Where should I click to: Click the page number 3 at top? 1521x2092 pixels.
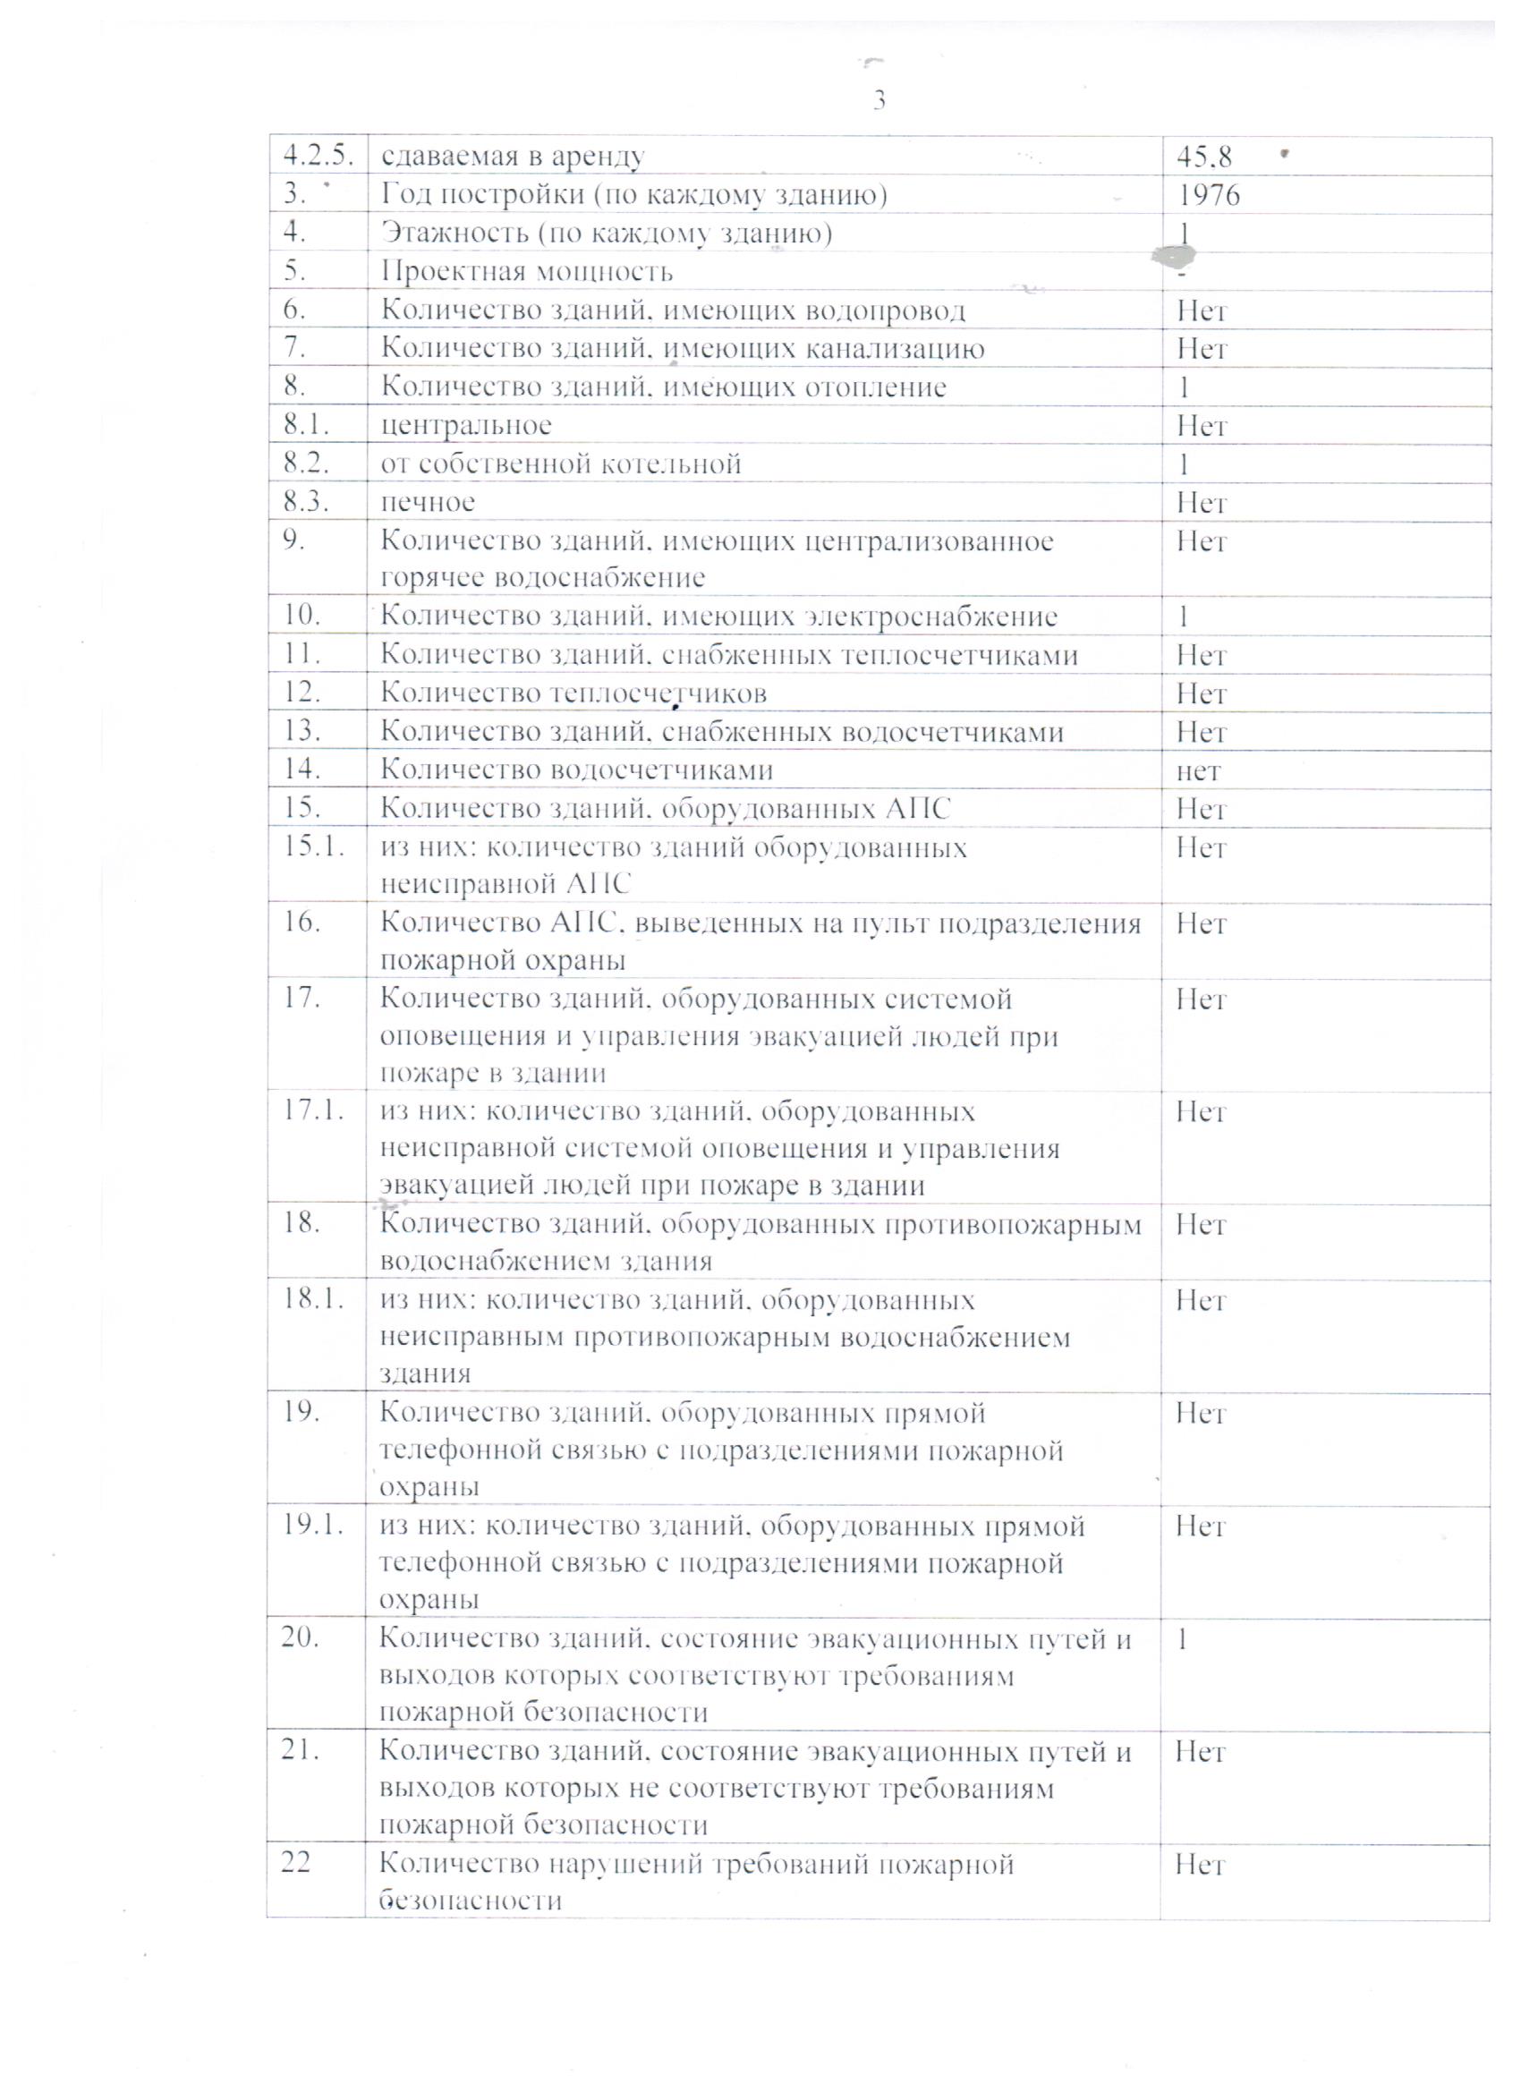(879, 99)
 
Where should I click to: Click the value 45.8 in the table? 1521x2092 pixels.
(1203, 157)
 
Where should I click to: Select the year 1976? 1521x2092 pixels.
(1209, 196)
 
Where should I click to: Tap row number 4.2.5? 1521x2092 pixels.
(318, 156)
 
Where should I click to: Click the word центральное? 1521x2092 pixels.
(466, 425)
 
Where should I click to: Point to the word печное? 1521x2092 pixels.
(428, 502)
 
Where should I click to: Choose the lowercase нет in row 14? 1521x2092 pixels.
(1198, 770)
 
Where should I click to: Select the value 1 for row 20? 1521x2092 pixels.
(1184, 1639)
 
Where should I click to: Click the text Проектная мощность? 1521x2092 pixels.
(527, 272)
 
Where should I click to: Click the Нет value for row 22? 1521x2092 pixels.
(1200, 1864)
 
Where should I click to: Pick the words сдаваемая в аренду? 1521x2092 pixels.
(512, 157)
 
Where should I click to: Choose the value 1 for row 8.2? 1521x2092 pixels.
(1184, 464)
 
